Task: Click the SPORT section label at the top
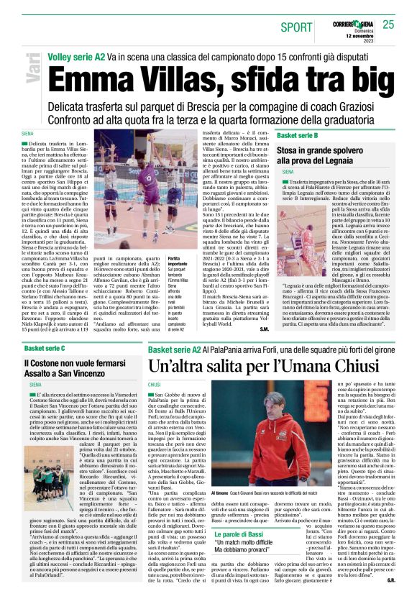point(296,27)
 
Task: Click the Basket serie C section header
point(45,349)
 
